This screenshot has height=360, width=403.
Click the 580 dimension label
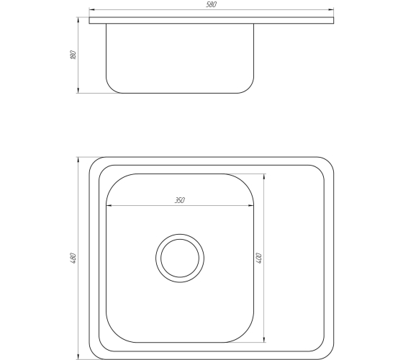click(212, 4)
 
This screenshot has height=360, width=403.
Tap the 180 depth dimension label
click(73, 55)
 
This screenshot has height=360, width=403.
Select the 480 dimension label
click(73, 258)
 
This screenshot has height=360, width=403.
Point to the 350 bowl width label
click(180, 200)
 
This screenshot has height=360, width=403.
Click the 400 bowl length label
click(259, 258)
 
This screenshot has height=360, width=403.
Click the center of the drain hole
click(180, 258)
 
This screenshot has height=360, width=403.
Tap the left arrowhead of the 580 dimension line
click(92, 10)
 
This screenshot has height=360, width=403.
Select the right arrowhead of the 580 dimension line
click(331, 10)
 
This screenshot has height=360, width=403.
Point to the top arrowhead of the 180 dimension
click(78, 20)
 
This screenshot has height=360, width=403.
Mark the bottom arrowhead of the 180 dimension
click(78, 90)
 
